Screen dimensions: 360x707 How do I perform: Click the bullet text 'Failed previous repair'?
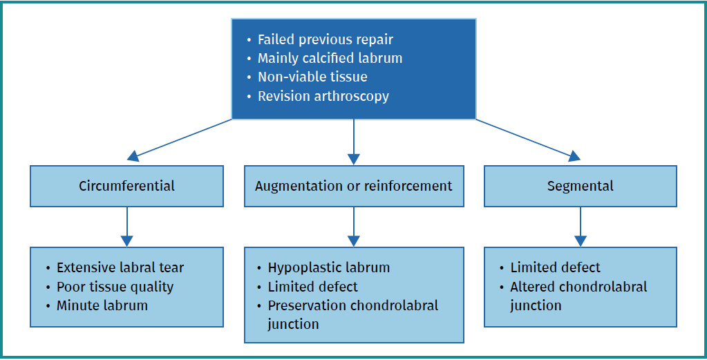click(325, 39)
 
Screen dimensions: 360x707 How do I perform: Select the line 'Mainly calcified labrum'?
click(330, 58)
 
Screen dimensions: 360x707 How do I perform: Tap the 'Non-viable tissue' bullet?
click(312, 77)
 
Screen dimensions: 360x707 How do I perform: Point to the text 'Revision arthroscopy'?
click(323, 96)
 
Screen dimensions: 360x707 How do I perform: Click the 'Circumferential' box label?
click(126, 186)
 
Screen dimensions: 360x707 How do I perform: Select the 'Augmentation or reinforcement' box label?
click(353, 186)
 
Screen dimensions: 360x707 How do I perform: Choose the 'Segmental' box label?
click(580, 186)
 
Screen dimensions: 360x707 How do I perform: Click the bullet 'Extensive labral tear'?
click(120, 267)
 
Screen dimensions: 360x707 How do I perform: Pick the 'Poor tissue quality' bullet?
click(115, 287)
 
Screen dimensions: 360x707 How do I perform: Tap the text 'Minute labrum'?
click(102, 305)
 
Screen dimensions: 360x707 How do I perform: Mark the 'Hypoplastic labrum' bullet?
click(329, 267)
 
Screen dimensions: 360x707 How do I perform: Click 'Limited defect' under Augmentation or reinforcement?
click(313, 286)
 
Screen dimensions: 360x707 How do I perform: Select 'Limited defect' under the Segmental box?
click(555, 267)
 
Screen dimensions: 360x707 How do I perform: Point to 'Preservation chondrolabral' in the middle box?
click(352, 305)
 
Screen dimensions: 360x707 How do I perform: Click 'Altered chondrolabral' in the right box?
click(578, 287)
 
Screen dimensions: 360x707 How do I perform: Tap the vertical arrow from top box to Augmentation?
click(354, 142)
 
